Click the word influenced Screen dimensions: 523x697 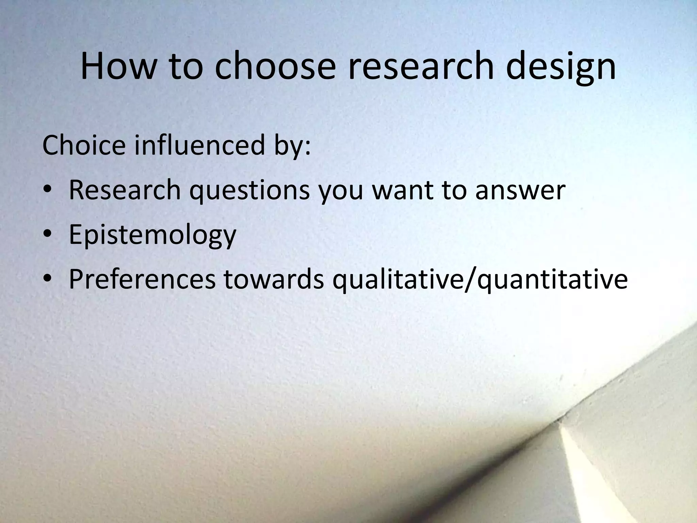pos(199,145)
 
